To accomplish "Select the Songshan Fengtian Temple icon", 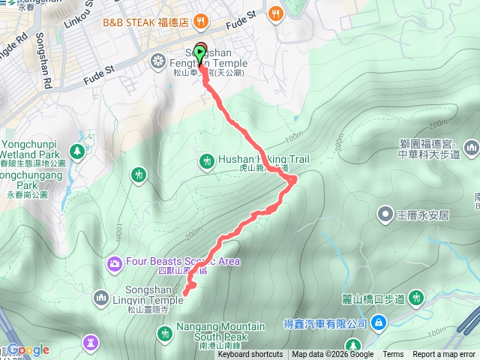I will pos(158,60).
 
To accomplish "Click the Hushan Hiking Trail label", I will pos(263,160).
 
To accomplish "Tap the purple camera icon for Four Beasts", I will pos(115,262).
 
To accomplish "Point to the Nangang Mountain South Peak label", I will pos(220,331).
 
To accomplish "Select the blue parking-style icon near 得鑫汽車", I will pos(379,322).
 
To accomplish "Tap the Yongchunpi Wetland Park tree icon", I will pos(77,151).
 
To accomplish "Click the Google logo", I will pos(28,349).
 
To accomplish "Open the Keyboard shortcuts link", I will pos(250,355).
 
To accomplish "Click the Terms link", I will pos(393,355).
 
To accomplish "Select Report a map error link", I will pos(445,355).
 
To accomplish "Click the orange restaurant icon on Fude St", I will pos(277,13).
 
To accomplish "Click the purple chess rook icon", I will pos(91,342).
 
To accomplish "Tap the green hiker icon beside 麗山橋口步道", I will pos(415,298).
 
